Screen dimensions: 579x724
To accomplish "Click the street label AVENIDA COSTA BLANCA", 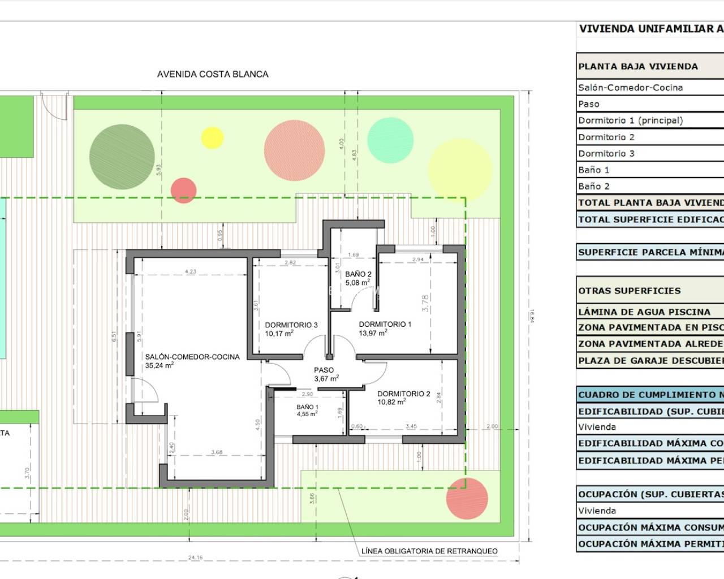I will click(212, 74).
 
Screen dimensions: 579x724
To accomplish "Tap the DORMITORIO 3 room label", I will click(291, 325).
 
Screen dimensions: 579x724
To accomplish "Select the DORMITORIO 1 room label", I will click(385, 325).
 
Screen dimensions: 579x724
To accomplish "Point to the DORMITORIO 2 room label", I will click(404, 394).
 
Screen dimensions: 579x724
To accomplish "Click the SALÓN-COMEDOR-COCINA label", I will click(192, 357).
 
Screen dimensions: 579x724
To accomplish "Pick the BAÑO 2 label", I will click(358, 274).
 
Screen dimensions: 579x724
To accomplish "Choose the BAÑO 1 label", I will click(307, 407).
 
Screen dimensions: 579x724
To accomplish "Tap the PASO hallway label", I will click(324, 370).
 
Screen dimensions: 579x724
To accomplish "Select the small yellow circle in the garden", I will click(213, 138).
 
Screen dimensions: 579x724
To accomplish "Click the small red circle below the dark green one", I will click(183, 190).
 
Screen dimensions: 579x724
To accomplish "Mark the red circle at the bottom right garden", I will click(467, 498).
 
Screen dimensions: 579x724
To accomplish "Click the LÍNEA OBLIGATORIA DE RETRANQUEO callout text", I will click(429, 551).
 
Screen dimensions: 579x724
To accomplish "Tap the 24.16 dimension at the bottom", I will click(195, 558).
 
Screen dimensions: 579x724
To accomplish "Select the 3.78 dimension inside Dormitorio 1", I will click(425, 303).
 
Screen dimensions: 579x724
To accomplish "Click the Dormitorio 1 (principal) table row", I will click(630, 120).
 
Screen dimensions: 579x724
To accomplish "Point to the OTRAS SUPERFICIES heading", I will click(629, 291).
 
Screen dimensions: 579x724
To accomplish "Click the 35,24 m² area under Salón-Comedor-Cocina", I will click(159, 366).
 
